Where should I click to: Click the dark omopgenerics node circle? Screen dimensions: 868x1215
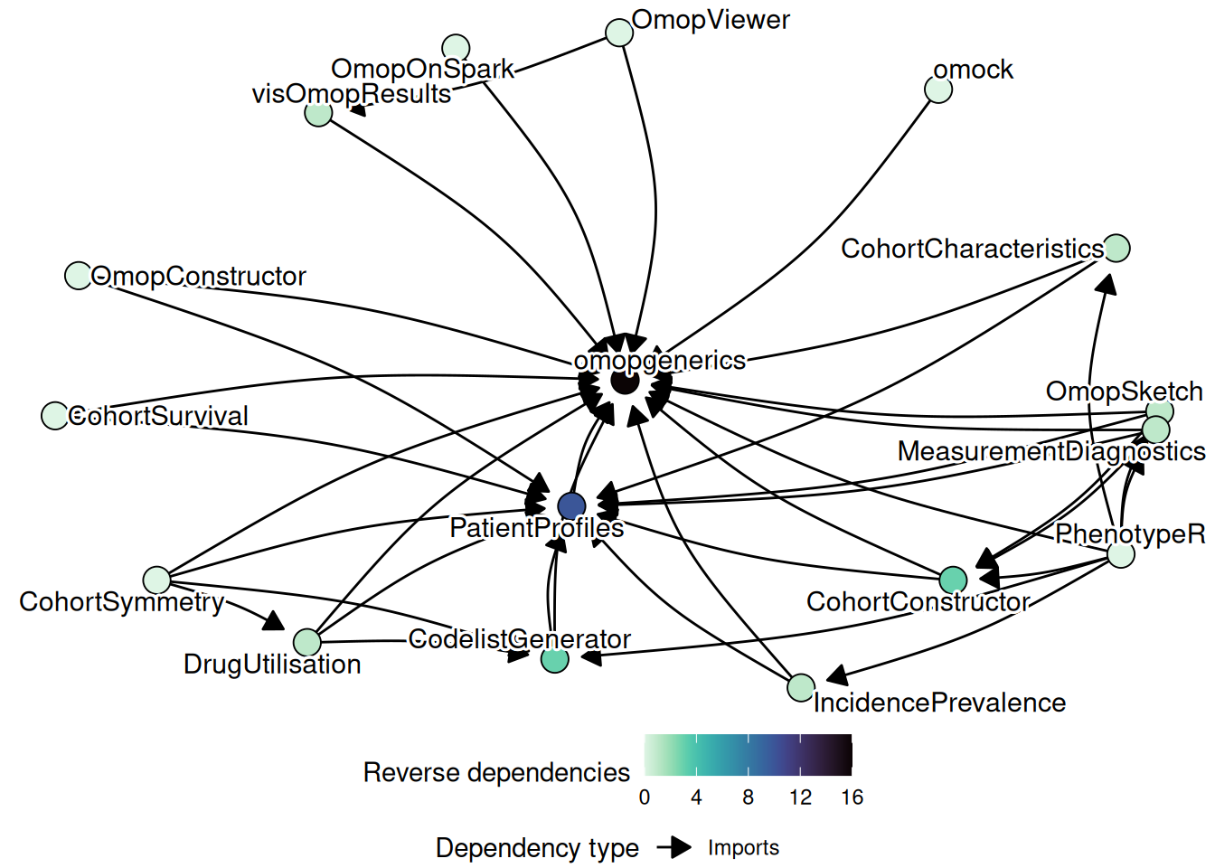coord(625,381)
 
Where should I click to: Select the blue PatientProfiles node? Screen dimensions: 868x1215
coord(571,506)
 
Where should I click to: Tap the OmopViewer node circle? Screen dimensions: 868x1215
coord(619,33)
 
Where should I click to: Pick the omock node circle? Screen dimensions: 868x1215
coord(938,90)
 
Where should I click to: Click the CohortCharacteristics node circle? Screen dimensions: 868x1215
coord(1116,248)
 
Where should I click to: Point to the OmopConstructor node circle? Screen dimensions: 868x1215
coord(79,275)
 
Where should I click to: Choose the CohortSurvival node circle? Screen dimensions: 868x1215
coord(55,415)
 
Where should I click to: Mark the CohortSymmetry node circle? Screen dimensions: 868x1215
coord(156,580)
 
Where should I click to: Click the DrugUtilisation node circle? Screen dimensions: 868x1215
coord(307,642)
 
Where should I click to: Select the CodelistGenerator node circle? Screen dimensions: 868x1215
coord(554,659)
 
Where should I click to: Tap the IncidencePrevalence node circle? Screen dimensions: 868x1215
coord(801,687)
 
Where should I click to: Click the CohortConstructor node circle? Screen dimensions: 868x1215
coord(953,580)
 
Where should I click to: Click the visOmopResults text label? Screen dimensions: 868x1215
coord(351,94)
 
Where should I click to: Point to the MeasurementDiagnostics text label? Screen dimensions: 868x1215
coord(1050,451)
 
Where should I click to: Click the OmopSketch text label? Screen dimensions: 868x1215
coord(1124,392)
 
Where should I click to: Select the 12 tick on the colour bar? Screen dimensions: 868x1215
coord(800,797)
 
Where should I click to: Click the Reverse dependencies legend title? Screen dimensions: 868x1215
coord(496,772)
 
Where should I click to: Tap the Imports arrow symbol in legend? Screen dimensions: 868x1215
coord(674,847)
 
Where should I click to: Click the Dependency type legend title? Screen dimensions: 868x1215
coord(537,848)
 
